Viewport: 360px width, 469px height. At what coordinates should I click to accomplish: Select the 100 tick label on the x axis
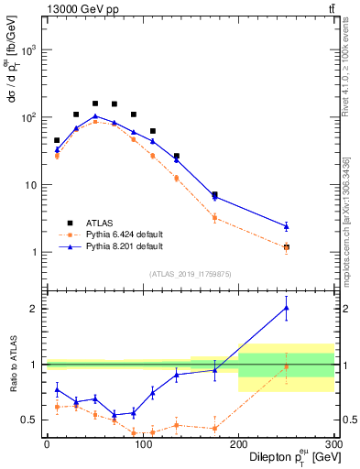tap(142, 443)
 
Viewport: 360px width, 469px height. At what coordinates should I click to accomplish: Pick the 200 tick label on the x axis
tap(238, 443)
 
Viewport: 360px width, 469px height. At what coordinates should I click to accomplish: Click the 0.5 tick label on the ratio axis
tap(30, 420)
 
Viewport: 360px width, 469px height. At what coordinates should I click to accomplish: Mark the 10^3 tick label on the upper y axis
tap(29, 49)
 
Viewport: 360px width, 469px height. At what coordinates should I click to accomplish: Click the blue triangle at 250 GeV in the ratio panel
tap(286, 308)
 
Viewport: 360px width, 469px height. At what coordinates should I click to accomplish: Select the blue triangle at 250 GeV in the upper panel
tap(286, 225)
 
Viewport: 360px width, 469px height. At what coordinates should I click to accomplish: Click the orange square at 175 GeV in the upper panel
tap(214, 218)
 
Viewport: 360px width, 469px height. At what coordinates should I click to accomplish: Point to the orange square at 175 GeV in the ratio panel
tap(214, 428)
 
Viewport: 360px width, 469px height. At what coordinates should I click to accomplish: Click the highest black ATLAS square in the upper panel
tap(95, 104)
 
